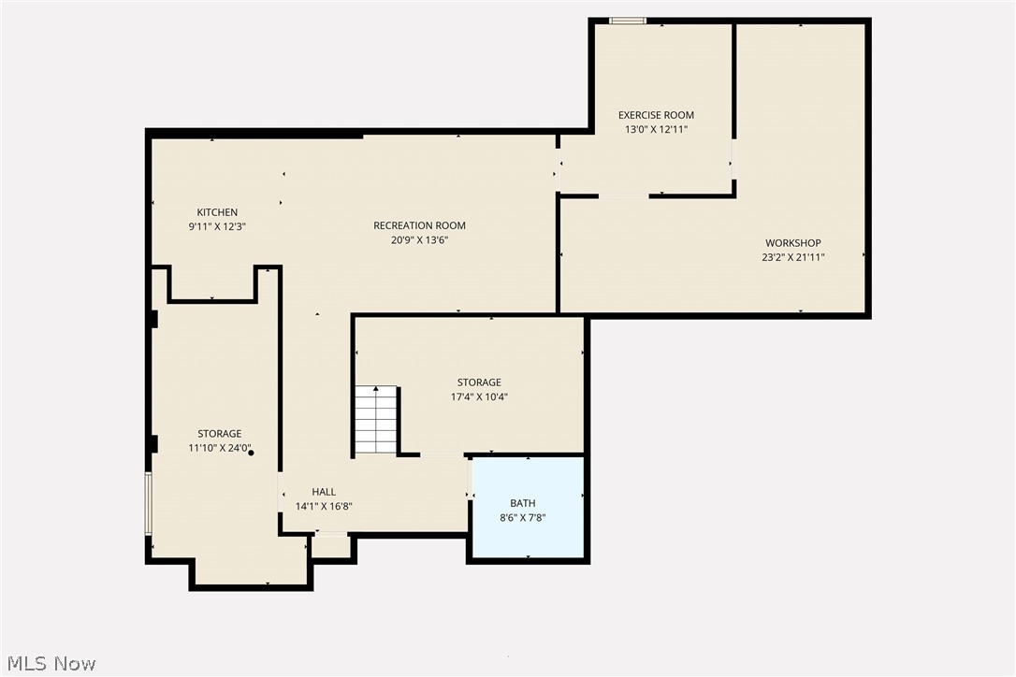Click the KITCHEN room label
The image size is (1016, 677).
pyautogui.click(x=217, y=212)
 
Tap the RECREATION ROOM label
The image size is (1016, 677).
pyautogui.click(x=419, y=225)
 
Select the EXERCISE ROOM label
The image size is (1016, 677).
pyautogui.click(x=656, y=115)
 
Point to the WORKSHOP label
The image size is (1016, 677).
pyautogui.click(x=792, y=243)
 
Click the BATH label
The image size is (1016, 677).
pyautogui.click(x=523, y=503)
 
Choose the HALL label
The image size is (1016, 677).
pyautogui.click(x=324, y=492)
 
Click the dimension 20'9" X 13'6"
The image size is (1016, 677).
pyautogui.click(x=419, y=239)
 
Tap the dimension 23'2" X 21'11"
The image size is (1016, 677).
pyautogui.click(x=792, y=257)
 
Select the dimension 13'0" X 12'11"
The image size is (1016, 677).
pyautogui.click(x=656, y=130)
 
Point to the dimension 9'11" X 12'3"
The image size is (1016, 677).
pyautogui.click(x=217, y=226)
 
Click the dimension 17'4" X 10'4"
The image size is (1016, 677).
pyautogui.click(x=479, y=396)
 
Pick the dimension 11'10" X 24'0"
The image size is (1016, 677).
pyautogui.click(x=219, y=448)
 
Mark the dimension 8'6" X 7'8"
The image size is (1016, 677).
pyautogui.click(x=523, y=517)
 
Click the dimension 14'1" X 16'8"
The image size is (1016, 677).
pyautogui.click(x=324, y=506)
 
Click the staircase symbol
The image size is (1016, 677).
pyautogui.click(x=377, y=420)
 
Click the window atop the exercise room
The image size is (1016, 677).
pyautogui.click(x=628, y=21)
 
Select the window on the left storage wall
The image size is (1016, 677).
pyautogui.click(x=148, y=503)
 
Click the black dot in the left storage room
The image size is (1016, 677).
pyautogui.click(x=251, y=453)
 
